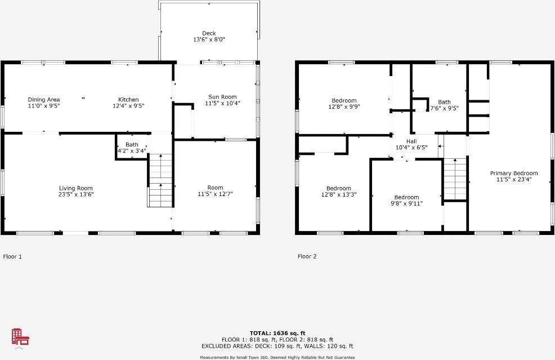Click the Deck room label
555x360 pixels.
tap(209, 33)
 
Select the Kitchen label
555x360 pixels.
tap(128, 100)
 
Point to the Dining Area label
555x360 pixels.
tap(44, 100)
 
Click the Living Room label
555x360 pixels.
tap(76, 188)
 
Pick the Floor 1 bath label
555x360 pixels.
tap(132, 145)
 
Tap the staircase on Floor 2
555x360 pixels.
tap(455, 179)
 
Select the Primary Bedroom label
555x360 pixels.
tap(513, 174)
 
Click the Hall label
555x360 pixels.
tap(411, 141)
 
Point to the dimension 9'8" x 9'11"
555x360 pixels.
tap(406, 203)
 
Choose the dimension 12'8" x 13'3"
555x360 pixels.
tap(339, 194)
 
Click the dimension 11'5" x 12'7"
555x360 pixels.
tap(215, 194)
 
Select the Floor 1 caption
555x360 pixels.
tap(12, 256)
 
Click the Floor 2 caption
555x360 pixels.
tap(307, 256)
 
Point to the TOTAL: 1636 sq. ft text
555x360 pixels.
tap(277, 333)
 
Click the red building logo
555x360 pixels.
tap(20, 337)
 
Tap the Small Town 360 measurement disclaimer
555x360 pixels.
tap(277, 357)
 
